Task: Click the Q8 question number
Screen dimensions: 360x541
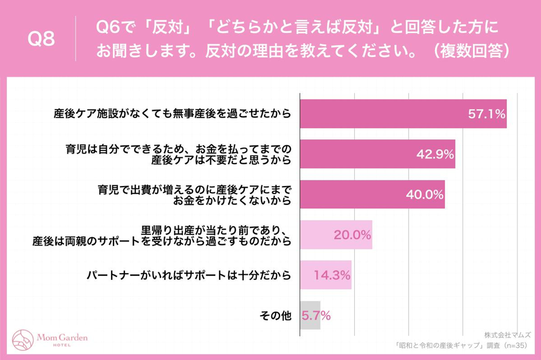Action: [41, 40]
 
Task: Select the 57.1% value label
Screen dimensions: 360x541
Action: [486, 115]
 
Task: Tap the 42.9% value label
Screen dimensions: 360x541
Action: [435, 154]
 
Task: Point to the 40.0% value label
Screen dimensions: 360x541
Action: [425, 195]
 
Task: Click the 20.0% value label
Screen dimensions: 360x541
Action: [352, 235]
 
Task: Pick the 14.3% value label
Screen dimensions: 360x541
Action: [332, 275]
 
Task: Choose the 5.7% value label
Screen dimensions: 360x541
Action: [316, 316]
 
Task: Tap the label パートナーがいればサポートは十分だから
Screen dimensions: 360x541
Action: [189, 275]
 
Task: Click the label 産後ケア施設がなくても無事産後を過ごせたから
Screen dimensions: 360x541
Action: [172, 115]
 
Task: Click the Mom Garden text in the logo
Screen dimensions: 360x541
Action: [62, 337]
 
